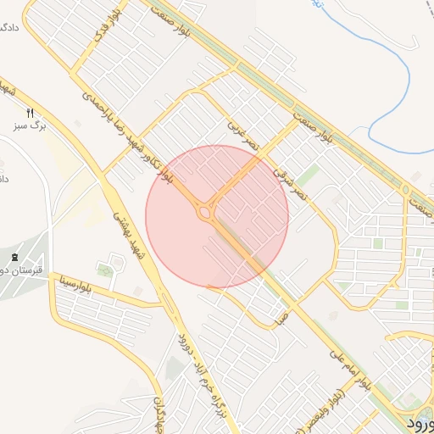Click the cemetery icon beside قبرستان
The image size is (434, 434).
pos(14,257)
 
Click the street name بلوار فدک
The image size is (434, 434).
pos(123,25)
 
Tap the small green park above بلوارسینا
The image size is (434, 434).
pos(105,270)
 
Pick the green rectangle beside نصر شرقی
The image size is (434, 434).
pos(308,176)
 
